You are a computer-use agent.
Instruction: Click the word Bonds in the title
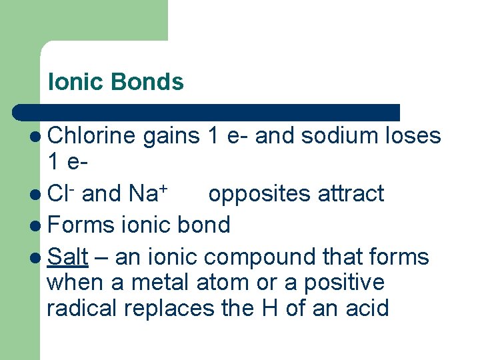[147, 82]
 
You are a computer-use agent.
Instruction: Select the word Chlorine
[92, 136]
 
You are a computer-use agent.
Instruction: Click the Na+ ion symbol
[147, 193]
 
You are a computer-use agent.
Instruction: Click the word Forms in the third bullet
[81, 225]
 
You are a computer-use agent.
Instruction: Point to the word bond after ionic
[204, 225]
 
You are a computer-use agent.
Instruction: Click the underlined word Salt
[65, 256]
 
